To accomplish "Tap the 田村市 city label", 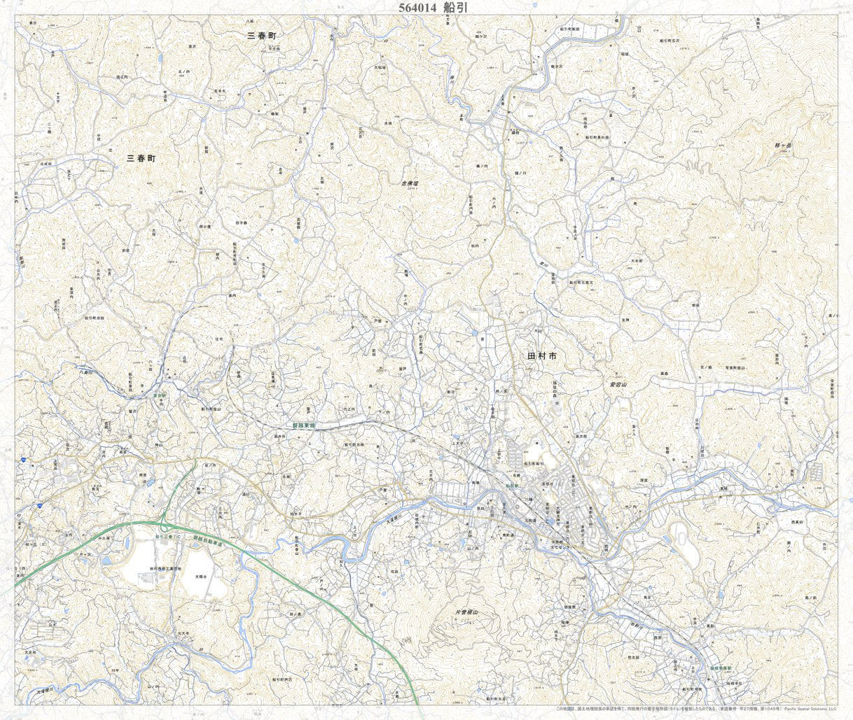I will pos(543,356).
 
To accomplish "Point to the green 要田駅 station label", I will pos(161,394).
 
